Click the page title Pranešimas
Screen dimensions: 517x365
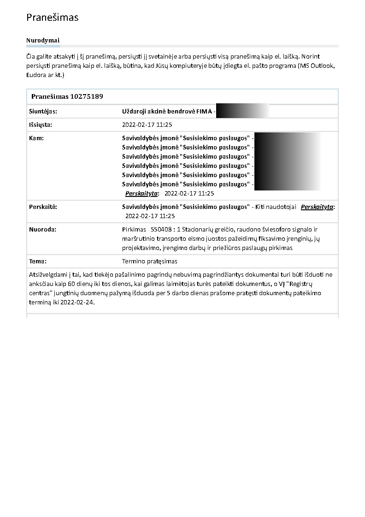click(53, 18)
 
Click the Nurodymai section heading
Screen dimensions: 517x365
click(43, 41)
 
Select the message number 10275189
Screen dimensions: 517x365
click(86, 97)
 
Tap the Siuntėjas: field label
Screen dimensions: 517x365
click(43, 112)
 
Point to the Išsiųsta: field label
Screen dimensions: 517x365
click(41, 125)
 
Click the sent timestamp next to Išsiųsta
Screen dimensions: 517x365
click(147, 125)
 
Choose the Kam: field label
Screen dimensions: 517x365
click(36, 138)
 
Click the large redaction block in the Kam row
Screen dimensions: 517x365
click(287, 161)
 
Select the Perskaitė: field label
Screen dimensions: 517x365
click(43, 207)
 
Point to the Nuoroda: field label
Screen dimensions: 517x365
click(42, 230)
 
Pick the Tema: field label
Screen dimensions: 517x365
click(38, 261)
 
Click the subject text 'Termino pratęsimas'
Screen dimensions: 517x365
click(150, 261)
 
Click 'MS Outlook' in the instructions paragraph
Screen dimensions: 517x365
click(318, 65)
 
